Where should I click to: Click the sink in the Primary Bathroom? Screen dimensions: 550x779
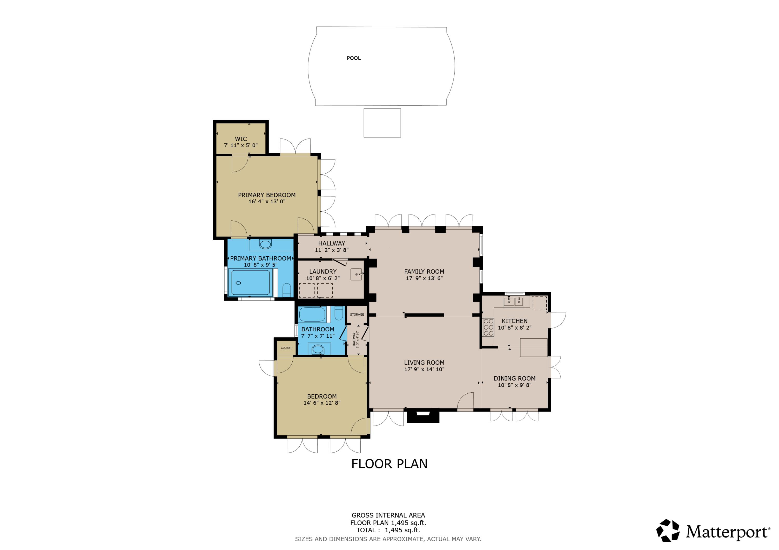coord(265,244)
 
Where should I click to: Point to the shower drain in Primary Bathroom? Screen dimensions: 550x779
coord(238,283)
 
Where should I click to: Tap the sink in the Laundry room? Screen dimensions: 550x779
coord(356,274)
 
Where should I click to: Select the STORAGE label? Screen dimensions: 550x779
coord(357,315)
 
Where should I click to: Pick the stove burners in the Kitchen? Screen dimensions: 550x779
coord(489,327)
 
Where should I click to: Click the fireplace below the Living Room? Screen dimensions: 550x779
coord(423,416)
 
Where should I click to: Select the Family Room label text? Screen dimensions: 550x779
coord(424,271)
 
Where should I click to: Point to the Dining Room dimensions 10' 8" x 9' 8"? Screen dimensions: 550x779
coord(514,385)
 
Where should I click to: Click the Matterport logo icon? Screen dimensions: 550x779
coord(668,531)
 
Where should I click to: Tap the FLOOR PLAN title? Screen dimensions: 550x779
coord(389,464)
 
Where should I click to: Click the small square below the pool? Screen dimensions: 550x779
coord(382,123)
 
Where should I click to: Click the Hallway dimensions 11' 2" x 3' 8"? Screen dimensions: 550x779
coord(332,250)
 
